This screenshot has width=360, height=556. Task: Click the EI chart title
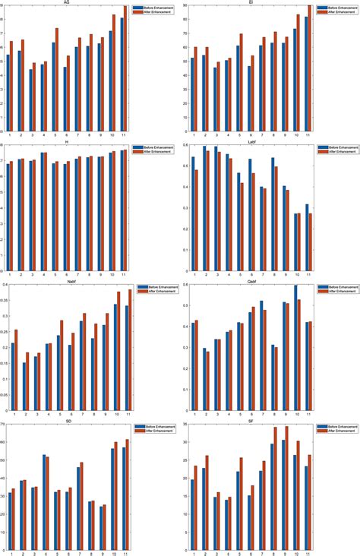(x=250, y=3)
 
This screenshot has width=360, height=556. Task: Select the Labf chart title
(x=250, y=141)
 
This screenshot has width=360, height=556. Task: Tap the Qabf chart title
(x=250, y=280)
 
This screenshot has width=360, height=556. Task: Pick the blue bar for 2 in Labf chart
(x=204, y=207)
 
